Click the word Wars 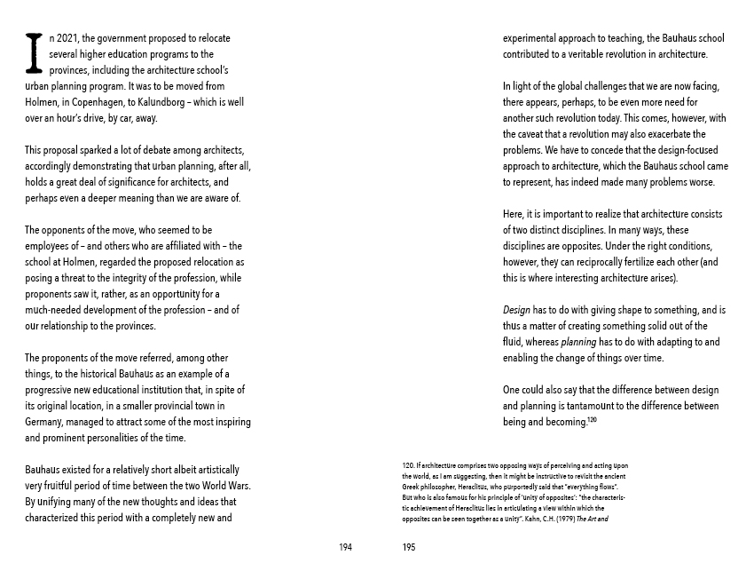(240, 486)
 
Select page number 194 (345, 547)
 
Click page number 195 (408, 547)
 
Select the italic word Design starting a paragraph (516, 310)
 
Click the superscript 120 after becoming (591, 419)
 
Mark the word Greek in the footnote (412, 487)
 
